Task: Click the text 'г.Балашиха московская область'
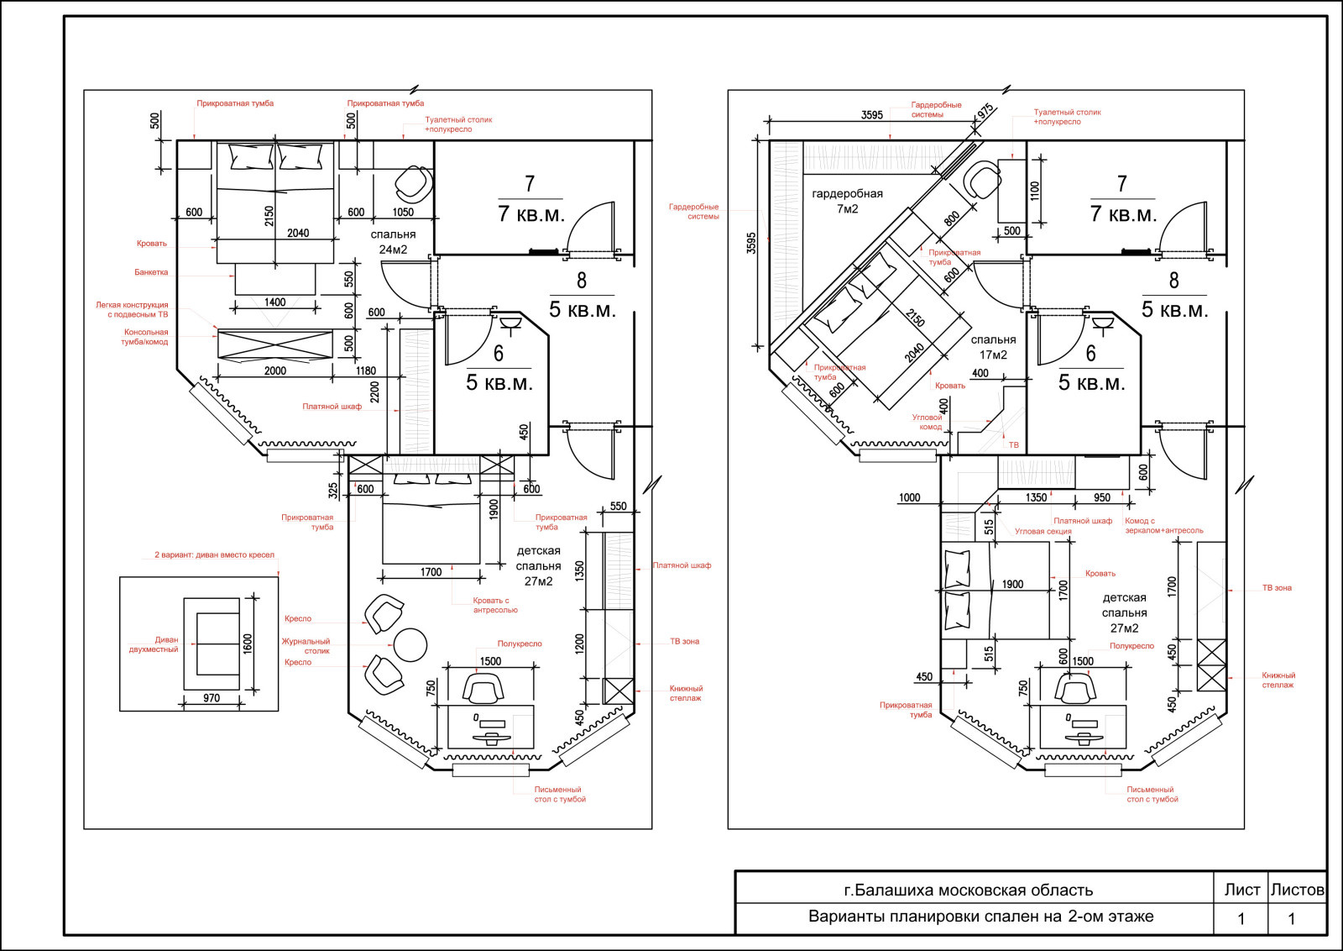click(969, 890)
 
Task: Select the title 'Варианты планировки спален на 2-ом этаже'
click(981, 917)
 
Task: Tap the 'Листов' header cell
click(1298, 889)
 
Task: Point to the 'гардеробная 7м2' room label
click(847, 201)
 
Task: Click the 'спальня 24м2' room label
click(393, 242)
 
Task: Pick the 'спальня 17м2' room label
click(994, 347)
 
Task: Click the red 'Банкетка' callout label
click(151, 272)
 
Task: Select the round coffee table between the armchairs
click(410, 645)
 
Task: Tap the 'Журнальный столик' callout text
click(306, 646)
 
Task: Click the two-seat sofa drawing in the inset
click(212, 644)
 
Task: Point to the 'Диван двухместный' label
click(154, 644)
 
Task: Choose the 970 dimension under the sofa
click(212, 698)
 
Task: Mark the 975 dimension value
click(985, 112)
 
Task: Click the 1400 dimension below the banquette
click(275, 302)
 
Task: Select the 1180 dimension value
click(366, 370)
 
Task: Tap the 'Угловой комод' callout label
click(927, 422)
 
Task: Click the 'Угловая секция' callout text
click(1043, 532)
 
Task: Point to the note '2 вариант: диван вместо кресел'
click(214, 555)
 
